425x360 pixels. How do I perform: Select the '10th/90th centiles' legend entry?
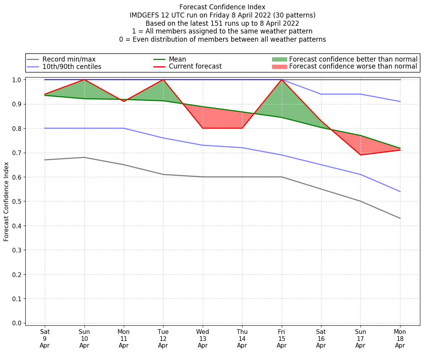point(72,67)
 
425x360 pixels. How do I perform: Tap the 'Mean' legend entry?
point(177,59)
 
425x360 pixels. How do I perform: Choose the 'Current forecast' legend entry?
point(195,67)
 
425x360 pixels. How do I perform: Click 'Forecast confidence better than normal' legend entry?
point(353,59)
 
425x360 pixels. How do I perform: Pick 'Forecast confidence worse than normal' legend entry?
point(353,67)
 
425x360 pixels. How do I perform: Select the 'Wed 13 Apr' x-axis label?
point(202,339)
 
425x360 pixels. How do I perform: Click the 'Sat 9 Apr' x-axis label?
point(45,339)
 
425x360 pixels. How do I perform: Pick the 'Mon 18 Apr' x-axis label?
point(400,339)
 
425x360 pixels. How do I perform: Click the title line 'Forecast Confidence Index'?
point(222,7)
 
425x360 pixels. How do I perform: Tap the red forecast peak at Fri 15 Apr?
point(281,80)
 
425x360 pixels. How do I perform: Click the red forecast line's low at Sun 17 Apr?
point(360,155)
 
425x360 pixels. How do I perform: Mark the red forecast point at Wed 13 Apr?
point(202,128)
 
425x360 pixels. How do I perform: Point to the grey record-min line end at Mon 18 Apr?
point(400,218)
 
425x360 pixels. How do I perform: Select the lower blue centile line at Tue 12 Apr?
point(163,138)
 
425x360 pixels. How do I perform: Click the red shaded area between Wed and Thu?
point(222,119)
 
